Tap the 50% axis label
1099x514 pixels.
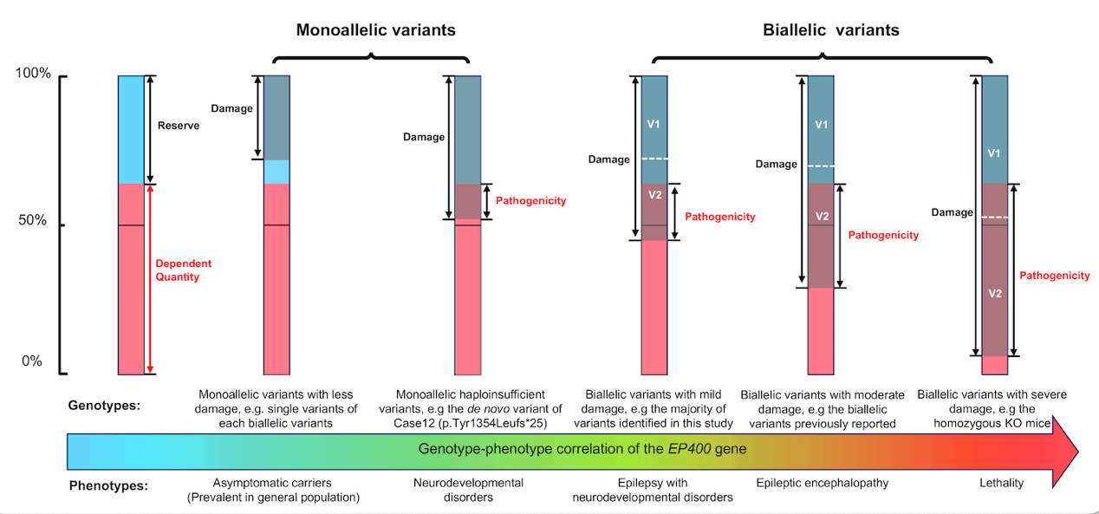(x=33, y=220)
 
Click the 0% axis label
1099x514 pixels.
(x=31, y=361)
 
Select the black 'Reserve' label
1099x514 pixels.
(x=179, y=126)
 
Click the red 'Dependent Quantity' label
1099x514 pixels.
(x=183, y=270)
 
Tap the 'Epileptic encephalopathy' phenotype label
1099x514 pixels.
(x=822, y=483)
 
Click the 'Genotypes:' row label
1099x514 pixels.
(x=104, y=405)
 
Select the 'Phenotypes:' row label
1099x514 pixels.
(x=108, y=485)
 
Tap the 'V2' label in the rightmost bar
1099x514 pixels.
(x=995, y=294)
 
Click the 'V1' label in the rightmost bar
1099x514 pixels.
(x=995, y=153)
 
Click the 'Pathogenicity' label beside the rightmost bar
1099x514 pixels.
(x=1054, y=276)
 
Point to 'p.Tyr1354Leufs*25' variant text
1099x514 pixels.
(x=514, y=423)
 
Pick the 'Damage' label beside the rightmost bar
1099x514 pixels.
(x=952, y=211)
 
